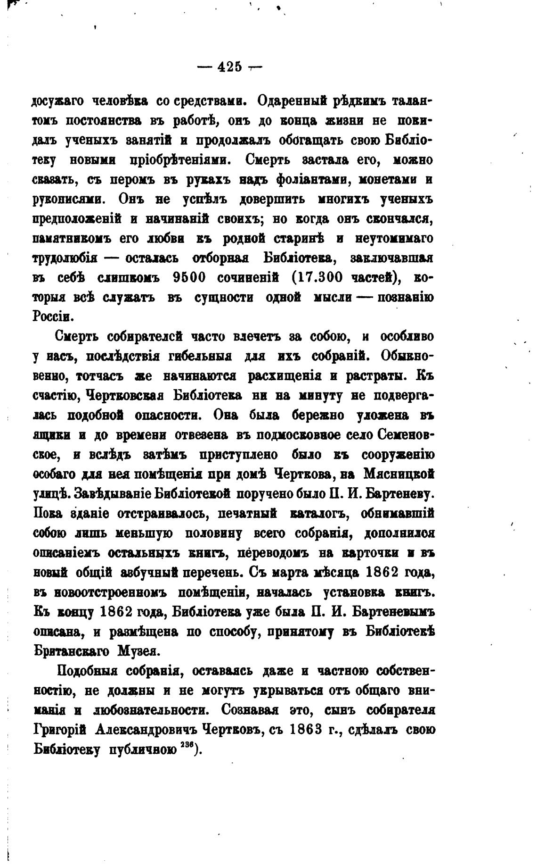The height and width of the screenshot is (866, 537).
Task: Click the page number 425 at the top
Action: (x=229, y=67)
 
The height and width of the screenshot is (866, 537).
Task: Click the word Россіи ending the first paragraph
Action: (x=52, y=316)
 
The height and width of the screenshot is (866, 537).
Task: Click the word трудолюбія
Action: (x=65, y=258)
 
